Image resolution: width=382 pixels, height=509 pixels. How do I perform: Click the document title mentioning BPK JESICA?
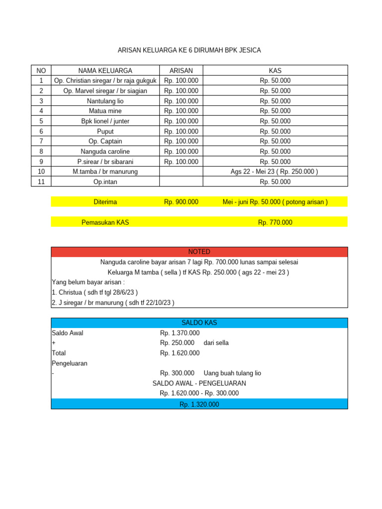(189, 50)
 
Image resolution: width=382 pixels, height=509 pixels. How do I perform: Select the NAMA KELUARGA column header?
(105, 71)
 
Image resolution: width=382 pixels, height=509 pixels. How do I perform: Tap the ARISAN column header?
(181, 71)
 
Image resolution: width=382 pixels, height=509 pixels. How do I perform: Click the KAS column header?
(275, 71)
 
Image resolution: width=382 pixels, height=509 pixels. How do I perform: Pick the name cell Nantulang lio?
(105, 101)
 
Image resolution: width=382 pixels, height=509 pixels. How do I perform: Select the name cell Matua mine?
(105, 111)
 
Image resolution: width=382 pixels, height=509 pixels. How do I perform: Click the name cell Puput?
(105, 131)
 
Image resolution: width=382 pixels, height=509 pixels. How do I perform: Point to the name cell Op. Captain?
(105, 141)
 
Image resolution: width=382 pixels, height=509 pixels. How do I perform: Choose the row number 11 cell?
(41, 182)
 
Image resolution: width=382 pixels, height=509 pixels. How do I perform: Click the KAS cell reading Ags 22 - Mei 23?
(275, 171)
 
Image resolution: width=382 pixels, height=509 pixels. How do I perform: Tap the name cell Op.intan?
(105, 182)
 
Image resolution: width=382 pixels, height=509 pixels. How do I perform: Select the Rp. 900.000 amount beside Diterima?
(181, 202)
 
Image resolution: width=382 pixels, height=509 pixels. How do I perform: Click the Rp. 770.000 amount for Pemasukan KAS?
(275, 223)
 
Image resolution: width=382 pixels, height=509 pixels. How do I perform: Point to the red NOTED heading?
(199, 252)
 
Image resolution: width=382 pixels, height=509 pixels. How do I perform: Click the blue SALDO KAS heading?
(199, 323)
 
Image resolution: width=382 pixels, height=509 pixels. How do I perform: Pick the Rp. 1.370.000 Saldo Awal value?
(180, 333)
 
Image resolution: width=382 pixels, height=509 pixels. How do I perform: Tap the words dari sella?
(216, 343)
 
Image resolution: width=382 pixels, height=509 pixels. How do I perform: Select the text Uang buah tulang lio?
(232, 373)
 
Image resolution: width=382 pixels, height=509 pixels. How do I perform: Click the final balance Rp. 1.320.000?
(199, 405)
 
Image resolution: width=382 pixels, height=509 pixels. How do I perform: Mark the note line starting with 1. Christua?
(95, 292)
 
